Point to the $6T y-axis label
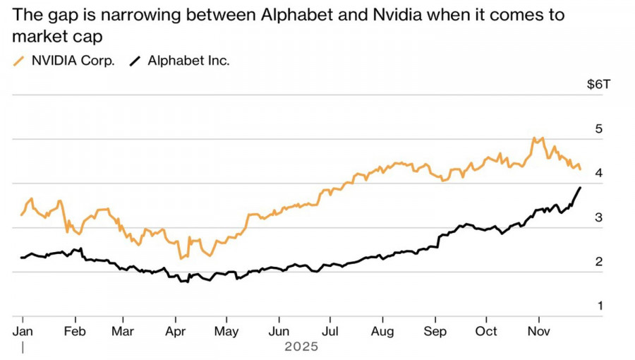(x=599, y=85)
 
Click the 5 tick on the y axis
(x=599, y=129)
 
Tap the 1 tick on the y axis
(x=599, y=306)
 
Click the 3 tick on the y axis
(x=599, y=217)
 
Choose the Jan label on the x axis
(x=23, y=331)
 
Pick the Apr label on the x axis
(x=175, y=331)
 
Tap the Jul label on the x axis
(x=329, y=331)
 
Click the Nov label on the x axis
(x=539, y=331)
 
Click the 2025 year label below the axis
(x=302, y=347)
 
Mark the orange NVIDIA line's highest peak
(x=534, y=138)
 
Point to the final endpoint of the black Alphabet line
(x=581, y=187)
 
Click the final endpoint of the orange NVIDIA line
(x=581, y=169)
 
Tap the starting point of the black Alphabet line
(x=21, y=258)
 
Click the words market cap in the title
(x=52, y=37)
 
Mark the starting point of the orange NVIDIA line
(x=21, y=215)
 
